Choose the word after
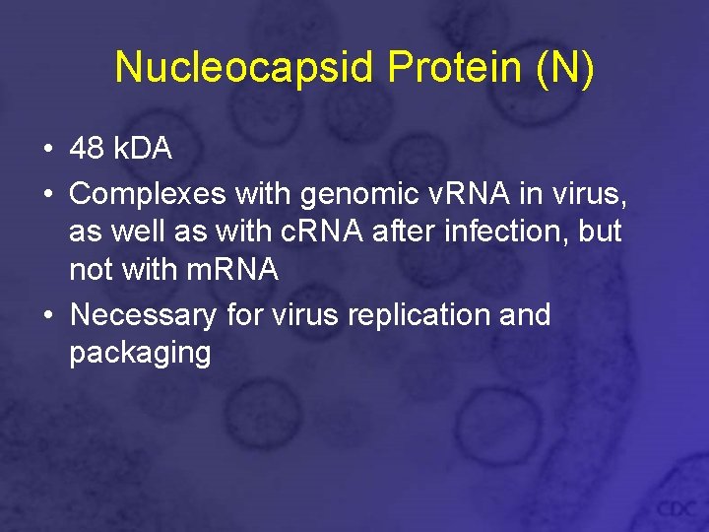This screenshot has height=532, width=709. click(400, 232)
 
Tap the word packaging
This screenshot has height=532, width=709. click(140, 354)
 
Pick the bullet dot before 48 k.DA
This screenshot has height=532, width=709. click(47, 151)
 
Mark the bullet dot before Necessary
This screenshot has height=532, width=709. click(47, 316)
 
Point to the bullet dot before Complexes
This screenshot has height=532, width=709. click(47, 195)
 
